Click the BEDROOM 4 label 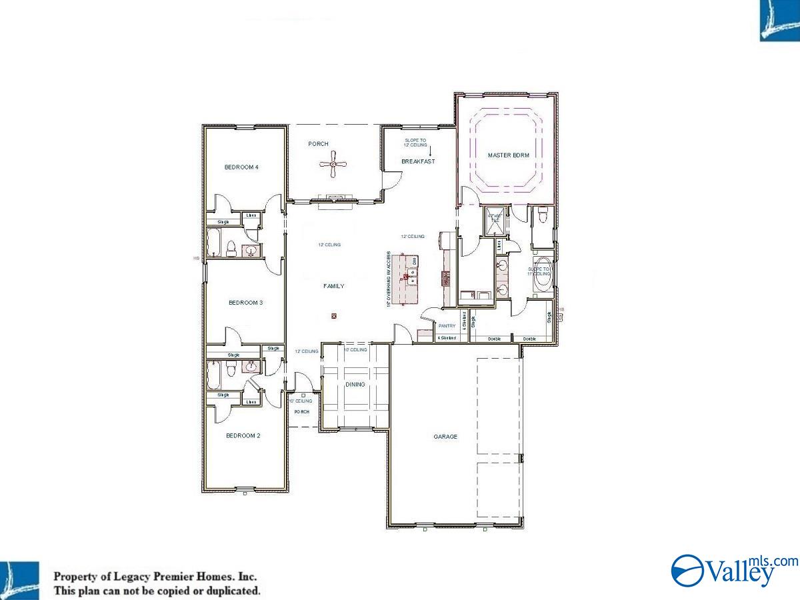[x=241, y=167]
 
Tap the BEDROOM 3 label [x=245, y=303]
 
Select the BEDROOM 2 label [x=243, y=436]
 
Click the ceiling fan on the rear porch [x=333, y=164]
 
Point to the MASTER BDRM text [x=508, y=155]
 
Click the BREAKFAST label [x=418, y=161]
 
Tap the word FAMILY [x=334, y=286]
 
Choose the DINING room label [x=355, y=385]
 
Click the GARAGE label [x=445, y=437]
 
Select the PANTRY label [x=447, y=326]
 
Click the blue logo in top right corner [x=779, y=21]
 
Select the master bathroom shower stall [x=495, y=221]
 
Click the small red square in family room [x=334, y=316]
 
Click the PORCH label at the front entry [x=302, y=412]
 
